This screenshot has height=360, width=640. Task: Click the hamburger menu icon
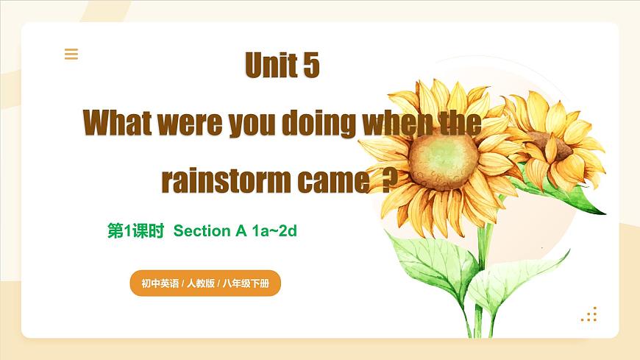coord(71,54)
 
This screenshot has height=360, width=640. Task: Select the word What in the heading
coord(118,122)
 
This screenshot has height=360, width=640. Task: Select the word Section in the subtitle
coord(202,230)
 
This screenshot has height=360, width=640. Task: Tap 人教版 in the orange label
coord(201,283)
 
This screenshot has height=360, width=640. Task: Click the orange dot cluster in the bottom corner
coord(589,315)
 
